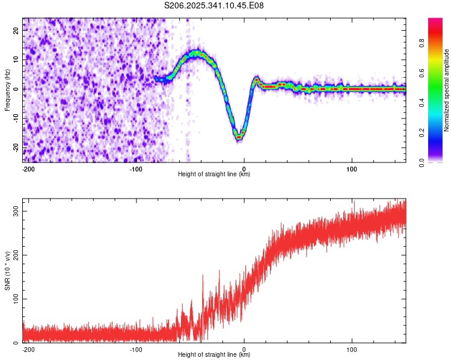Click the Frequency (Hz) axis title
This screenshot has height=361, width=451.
(x=7, y=90)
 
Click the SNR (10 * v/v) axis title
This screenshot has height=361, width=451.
(x=7, y=270)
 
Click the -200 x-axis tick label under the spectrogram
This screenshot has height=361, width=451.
(x=28, y=168)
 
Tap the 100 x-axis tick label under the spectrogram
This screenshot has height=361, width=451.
(x=352, y=168)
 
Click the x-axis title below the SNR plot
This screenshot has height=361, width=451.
(x=214, y=355)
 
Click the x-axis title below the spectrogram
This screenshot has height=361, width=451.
(x=214, y=174)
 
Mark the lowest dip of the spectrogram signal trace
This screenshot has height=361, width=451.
(x=239, y=137)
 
